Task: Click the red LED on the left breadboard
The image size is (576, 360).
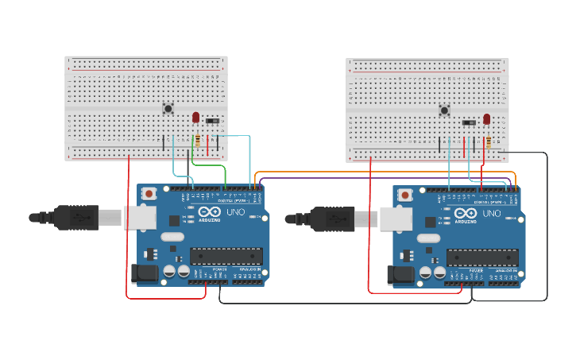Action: pyautogui.click(x=195, y=117)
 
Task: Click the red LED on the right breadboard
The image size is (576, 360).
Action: pyautogui.click(x=486, y=119)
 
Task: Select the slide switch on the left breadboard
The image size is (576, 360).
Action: pyautogui.click(x=213, y=121)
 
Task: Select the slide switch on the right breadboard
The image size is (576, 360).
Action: pyautogui.click(x=469, y=122)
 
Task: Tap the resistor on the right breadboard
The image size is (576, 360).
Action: pyautogui.click(x=488, y=143)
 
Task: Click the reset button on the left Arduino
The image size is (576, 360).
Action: pyautogui.click(x=149, y=193)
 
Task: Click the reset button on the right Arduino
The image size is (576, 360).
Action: pyautogui.click(x=405, y=195)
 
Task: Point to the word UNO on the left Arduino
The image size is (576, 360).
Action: pyautogui.click(x=236, y=212)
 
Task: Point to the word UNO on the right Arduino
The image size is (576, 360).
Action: pyautogui.click(x=492, y=214)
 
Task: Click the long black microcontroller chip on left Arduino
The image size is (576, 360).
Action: pyautogui.click(x=226, y=256)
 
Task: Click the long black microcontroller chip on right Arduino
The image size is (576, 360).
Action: pyautogui.click(x=481, y=257)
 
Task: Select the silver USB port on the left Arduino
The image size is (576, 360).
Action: pyautogui.click(x=139, y=218)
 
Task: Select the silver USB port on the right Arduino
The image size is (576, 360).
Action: pyautogui.click(x=395, y=219)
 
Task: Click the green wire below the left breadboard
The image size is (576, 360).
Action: pyautogui.click(x=208, y=166)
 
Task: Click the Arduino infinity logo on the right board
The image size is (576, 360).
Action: pyautogui.click(x=466, y=214)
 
